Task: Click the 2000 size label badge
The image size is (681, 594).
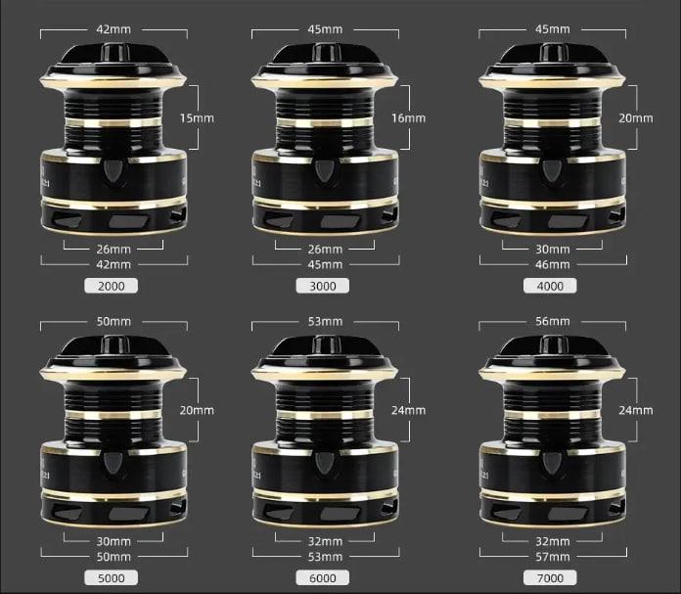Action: [x=112, y=286]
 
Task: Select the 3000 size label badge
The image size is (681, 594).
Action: [x=323, y=286]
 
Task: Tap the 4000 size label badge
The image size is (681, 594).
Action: [x=550, y=286]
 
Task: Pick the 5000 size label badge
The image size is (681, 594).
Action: [x=112, y=578]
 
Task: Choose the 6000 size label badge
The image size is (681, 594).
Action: [x=323, y=578]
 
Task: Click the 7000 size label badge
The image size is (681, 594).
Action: [x=550, y=578]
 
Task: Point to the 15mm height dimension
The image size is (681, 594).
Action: [x=197, y=118]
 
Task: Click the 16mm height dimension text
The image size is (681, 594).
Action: [x=408, y=118]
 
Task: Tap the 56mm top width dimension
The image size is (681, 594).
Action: [x=553, y=322]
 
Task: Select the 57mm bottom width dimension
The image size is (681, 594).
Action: [x=553, y=557]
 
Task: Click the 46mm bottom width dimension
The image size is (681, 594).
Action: [x=553, y=264]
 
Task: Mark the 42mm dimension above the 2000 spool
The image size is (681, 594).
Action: [x=113, y=29]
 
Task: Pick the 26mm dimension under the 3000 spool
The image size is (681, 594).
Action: [x=325, y=250]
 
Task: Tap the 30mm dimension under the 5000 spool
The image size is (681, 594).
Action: [x=113, y=541]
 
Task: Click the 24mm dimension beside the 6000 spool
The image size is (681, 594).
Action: [x=408, y=410]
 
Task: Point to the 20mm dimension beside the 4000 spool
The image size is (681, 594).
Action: [x=635, y=118]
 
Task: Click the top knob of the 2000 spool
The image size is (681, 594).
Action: [x=115, y=52]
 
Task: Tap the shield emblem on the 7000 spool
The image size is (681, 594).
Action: [x=552, y=463]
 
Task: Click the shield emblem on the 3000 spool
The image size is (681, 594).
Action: [x=324, y=171]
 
